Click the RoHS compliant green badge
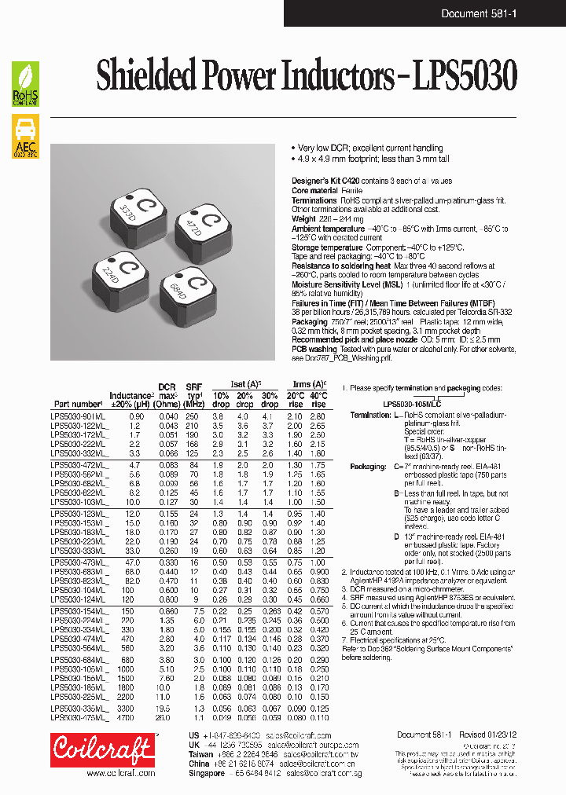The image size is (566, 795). (x=25, y=85)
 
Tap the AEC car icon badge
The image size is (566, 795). (x=25, y=137)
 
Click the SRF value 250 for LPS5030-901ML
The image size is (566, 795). (x=192, y=416)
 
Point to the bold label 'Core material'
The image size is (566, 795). (x=315, y=191)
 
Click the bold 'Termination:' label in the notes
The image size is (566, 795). (x=369, y=415)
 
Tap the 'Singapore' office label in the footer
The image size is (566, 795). (x=208, y=773)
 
